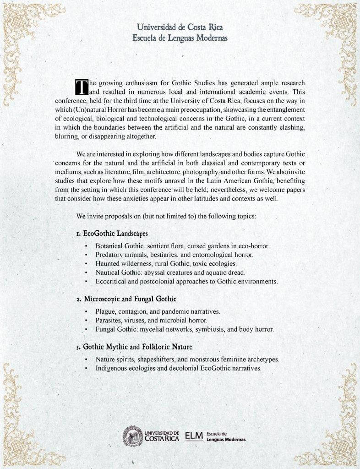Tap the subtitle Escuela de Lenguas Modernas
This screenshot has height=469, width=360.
pos(180,37)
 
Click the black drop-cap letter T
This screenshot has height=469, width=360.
pos(81,87)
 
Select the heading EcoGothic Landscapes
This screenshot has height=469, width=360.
pos(112,233)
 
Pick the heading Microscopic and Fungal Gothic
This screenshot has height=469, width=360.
pos(126,299)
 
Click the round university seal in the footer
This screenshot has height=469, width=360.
pos(132,436)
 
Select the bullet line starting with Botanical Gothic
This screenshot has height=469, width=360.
pos(182,246)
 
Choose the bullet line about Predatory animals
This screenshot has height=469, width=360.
pos(175,255)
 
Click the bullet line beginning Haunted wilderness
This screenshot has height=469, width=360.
pos(166,263)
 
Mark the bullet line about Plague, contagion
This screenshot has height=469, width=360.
pos(158,311)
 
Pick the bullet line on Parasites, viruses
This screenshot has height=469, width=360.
pos(152,320)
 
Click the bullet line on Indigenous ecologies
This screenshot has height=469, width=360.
pos(178,368)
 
